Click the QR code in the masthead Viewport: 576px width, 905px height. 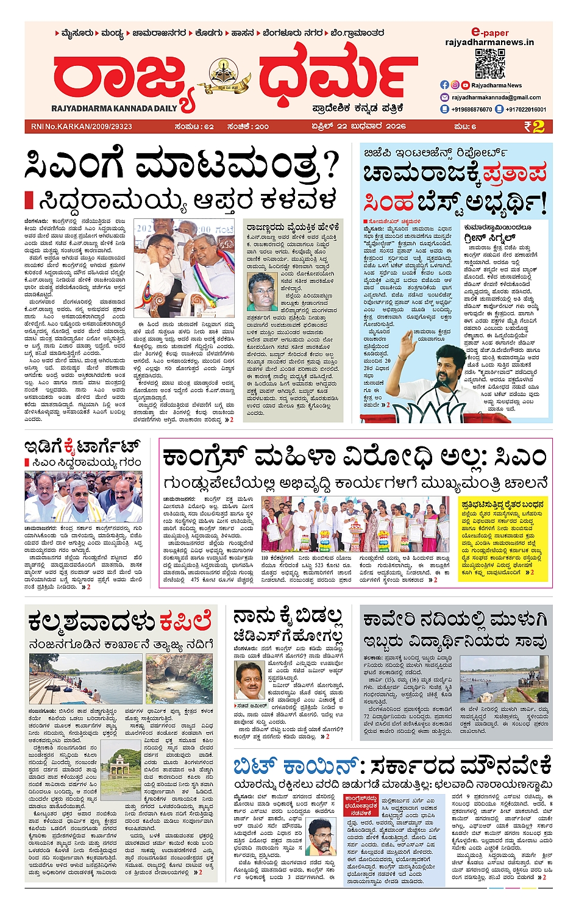[x=489, y=63]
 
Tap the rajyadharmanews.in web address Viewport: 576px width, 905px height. [x=489, y=42]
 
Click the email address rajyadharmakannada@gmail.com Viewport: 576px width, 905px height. [x=496, y=98]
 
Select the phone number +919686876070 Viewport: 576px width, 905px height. [x=471, y=110]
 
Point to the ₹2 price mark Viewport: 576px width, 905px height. [x=533, y=126]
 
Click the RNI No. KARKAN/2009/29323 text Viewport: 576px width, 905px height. [x=80, y=127]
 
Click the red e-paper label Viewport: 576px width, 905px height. [x=489, y=32]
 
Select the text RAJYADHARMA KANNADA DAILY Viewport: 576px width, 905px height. [x=114, y=109]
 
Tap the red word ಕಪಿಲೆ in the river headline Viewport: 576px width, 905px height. [x=185, y=621]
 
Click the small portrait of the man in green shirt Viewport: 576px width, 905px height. [x=262, y=292]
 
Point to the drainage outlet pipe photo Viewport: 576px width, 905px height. [x=179, y=679]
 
